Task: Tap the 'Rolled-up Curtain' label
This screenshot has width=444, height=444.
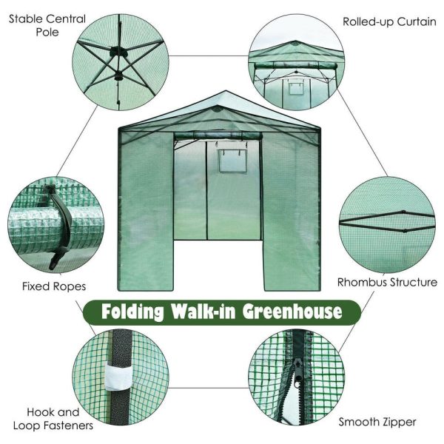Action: [x=389, y=21]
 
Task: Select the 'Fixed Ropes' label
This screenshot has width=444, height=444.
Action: [x=53, y=285]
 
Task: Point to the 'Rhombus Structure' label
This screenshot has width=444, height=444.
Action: [x=387, y=282]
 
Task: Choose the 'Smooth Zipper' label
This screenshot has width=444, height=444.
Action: [x=377, y=422]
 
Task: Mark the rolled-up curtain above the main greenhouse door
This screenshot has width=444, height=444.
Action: [x=218, y=135]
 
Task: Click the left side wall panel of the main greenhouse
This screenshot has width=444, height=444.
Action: [x=145, y=207]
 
